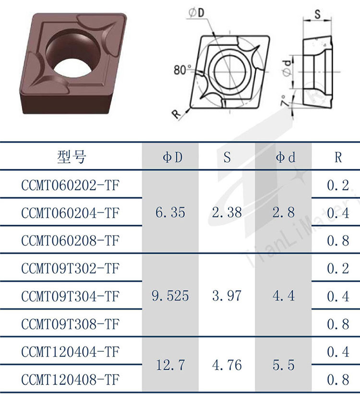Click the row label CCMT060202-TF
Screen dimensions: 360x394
point(70,185)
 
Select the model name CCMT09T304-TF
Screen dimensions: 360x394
point(70,296)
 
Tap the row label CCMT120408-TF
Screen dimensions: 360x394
point(70,379)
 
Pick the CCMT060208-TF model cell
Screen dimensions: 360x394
point(70,241)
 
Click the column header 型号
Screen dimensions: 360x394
point(72,157)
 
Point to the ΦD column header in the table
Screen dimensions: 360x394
point(172,157)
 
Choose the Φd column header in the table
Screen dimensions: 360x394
point(285,157)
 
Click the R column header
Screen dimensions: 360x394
point(338,157)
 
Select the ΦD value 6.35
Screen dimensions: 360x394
point(170,212)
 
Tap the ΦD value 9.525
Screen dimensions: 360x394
point(170,296)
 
